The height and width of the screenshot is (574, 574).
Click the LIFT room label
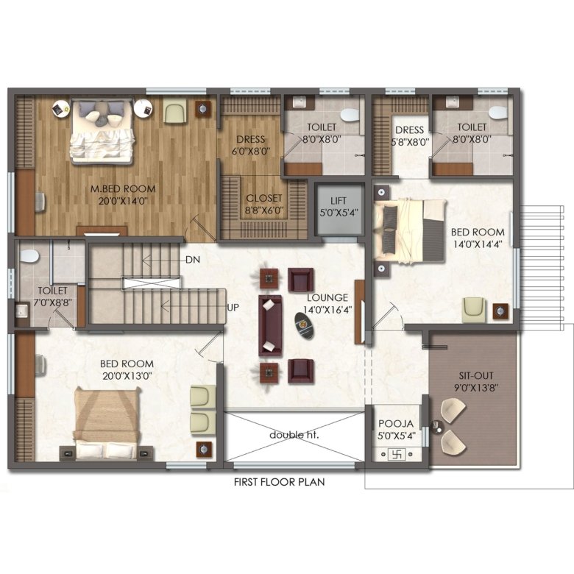pyautogui.click(x=339, y=201)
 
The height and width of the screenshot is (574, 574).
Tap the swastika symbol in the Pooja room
pyautogui.click(x=397, y=455)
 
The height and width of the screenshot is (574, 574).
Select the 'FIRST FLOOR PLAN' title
pyautogui.click(x=280, y=482)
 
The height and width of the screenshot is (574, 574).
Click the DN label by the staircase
pyautogui.click(x=193, y=260)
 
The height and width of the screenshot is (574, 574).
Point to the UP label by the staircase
pyautogui.click(x=233, y=308)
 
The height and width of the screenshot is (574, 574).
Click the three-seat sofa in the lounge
pyautogui.click(x=271, y=325)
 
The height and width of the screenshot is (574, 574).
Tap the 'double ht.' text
pyautogui.click(x=294, y=435)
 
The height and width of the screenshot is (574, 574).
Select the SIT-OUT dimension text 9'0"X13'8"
pyautogui.click(x=476, y=388)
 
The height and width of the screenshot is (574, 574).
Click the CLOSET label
pyautogui.click(x=264, y=198)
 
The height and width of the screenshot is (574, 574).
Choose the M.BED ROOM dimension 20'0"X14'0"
pyautogui.click(x=123, y=201)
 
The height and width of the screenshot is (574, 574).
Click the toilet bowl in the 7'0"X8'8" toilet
pyautogui.click(x=29, y=256)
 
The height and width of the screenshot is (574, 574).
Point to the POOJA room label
pyautogui.click(x=396, y=424)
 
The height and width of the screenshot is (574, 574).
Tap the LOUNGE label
pyautogui.click(x=327, y=297)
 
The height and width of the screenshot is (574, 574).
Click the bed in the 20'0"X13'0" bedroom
pyautogui.click(x=107, y=424)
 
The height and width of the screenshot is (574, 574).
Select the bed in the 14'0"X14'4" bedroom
pyautogui.click(x=409, y=231)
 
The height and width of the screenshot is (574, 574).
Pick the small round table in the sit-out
pyautogui.click(x=436, y=427)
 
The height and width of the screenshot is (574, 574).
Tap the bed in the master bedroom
pyautogui.click(x=102, y=131)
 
